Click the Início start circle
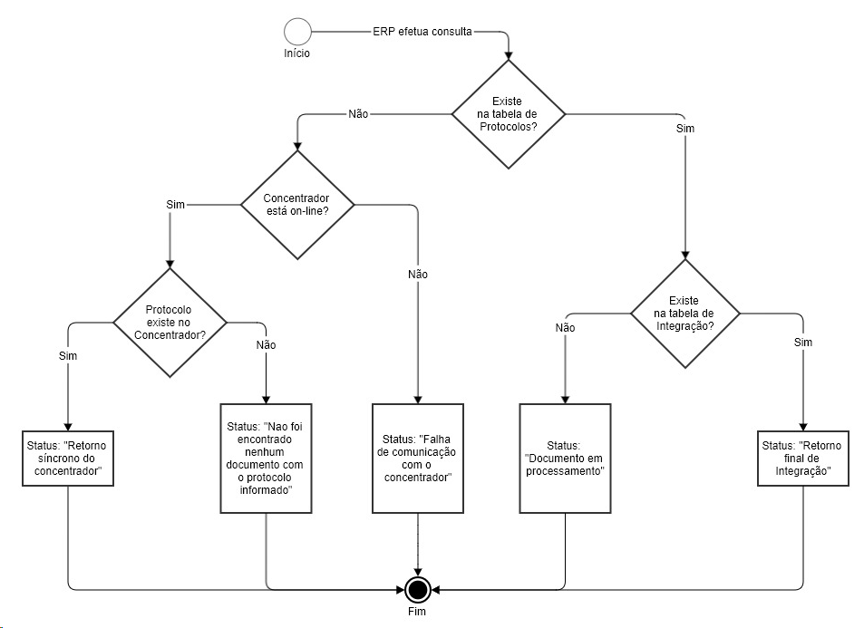pos(296,32)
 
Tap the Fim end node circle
pos(417,590)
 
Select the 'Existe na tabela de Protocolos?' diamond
pos(508,114)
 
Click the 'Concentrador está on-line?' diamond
pos(296,205)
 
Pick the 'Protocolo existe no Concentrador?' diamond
pos(170,323)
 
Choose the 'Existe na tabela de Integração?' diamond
pos(684,314)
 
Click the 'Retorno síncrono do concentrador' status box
pos(68,459)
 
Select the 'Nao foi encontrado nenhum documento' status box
pos(266,459)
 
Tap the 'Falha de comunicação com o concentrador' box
pos(417,459)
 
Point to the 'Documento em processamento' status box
pos(564,459)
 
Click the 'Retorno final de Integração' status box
pos(801,459)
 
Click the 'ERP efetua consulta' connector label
pos(422,31)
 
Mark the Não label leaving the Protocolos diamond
pos(358,114)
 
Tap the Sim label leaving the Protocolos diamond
pos(685,129)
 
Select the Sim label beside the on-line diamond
pos(176,205)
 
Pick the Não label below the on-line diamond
pos(418,274)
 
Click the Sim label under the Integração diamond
pos(802,343)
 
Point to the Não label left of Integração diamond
pos(564,327)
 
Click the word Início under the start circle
pos(296,53)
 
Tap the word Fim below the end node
pos(417,613)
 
